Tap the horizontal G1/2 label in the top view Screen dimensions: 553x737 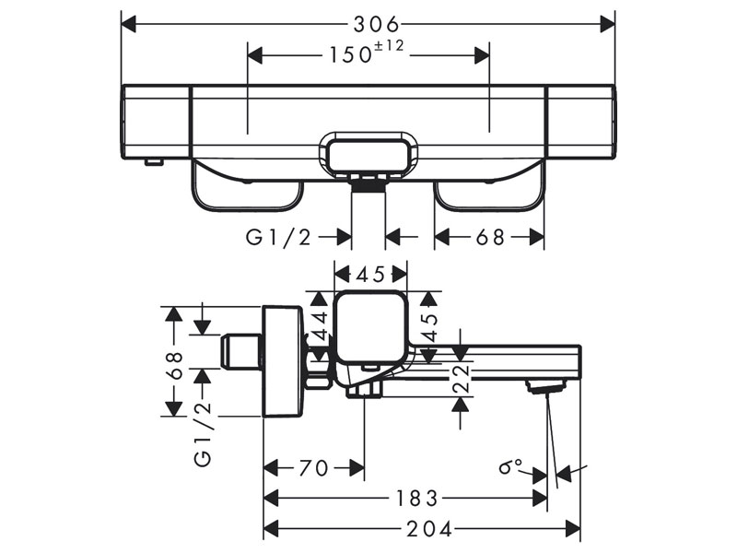279,237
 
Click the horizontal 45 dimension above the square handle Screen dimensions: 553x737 370,274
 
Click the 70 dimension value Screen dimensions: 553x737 313,468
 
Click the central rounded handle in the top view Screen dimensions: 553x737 369,151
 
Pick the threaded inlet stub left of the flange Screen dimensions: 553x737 242,350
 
